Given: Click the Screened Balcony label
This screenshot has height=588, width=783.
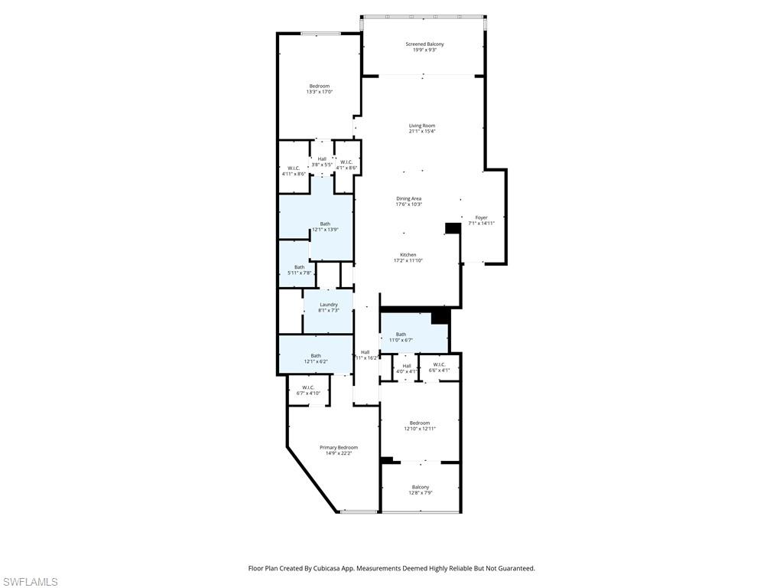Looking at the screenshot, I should pos(424,44).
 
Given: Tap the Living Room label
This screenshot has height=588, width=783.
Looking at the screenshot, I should pos(421,126).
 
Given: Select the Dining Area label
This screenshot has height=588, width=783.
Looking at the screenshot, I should pos(408,198).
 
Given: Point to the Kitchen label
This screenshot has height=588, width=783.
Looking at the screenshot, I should pos(408,255).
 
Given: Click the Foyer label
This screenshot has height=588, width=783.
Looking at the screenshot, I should pos(481,217).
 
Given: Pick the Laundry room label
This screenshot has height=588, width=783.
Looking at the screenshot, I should pos(329,305).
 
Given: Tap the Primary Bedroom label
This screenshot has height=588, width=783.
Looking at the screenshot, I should pos(338,448).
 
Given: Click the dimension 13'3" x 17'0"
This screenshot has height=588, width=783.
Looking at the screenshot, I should pos(319,92).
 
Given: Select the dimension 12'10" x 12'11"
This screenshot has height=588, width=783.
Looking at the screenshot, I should pos(419,429).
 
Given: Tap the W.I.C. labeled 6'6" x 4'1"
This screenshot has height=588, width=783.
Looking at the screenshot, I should pos(439,367).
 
